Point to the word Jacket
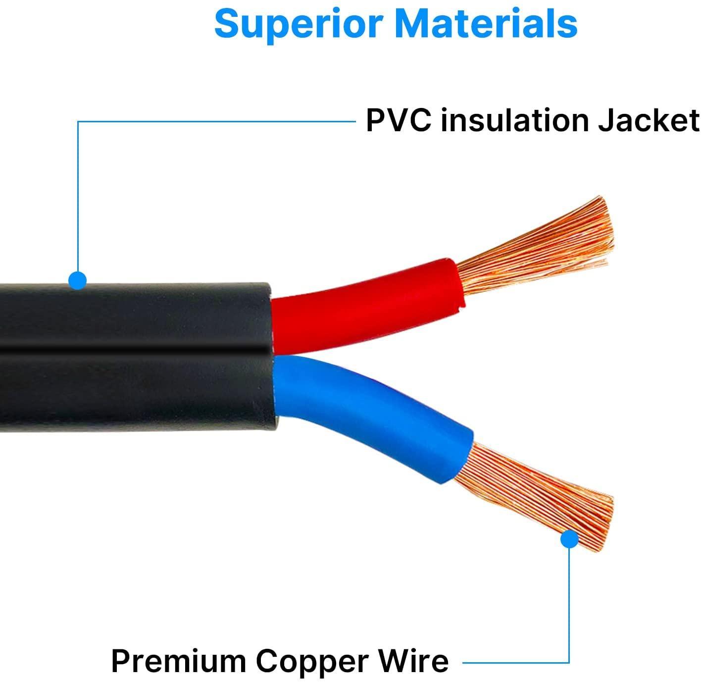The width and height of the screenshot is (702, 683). (649, 121)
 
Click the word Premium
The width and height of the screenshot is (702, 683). (178, 661)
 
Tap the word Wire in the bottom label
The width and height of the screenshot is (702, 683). (415, 661)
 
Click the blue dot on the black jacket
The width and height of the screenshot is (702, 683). (77, 281)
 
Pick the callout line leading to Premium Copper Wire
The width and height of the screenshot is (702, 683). (569, 604)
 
